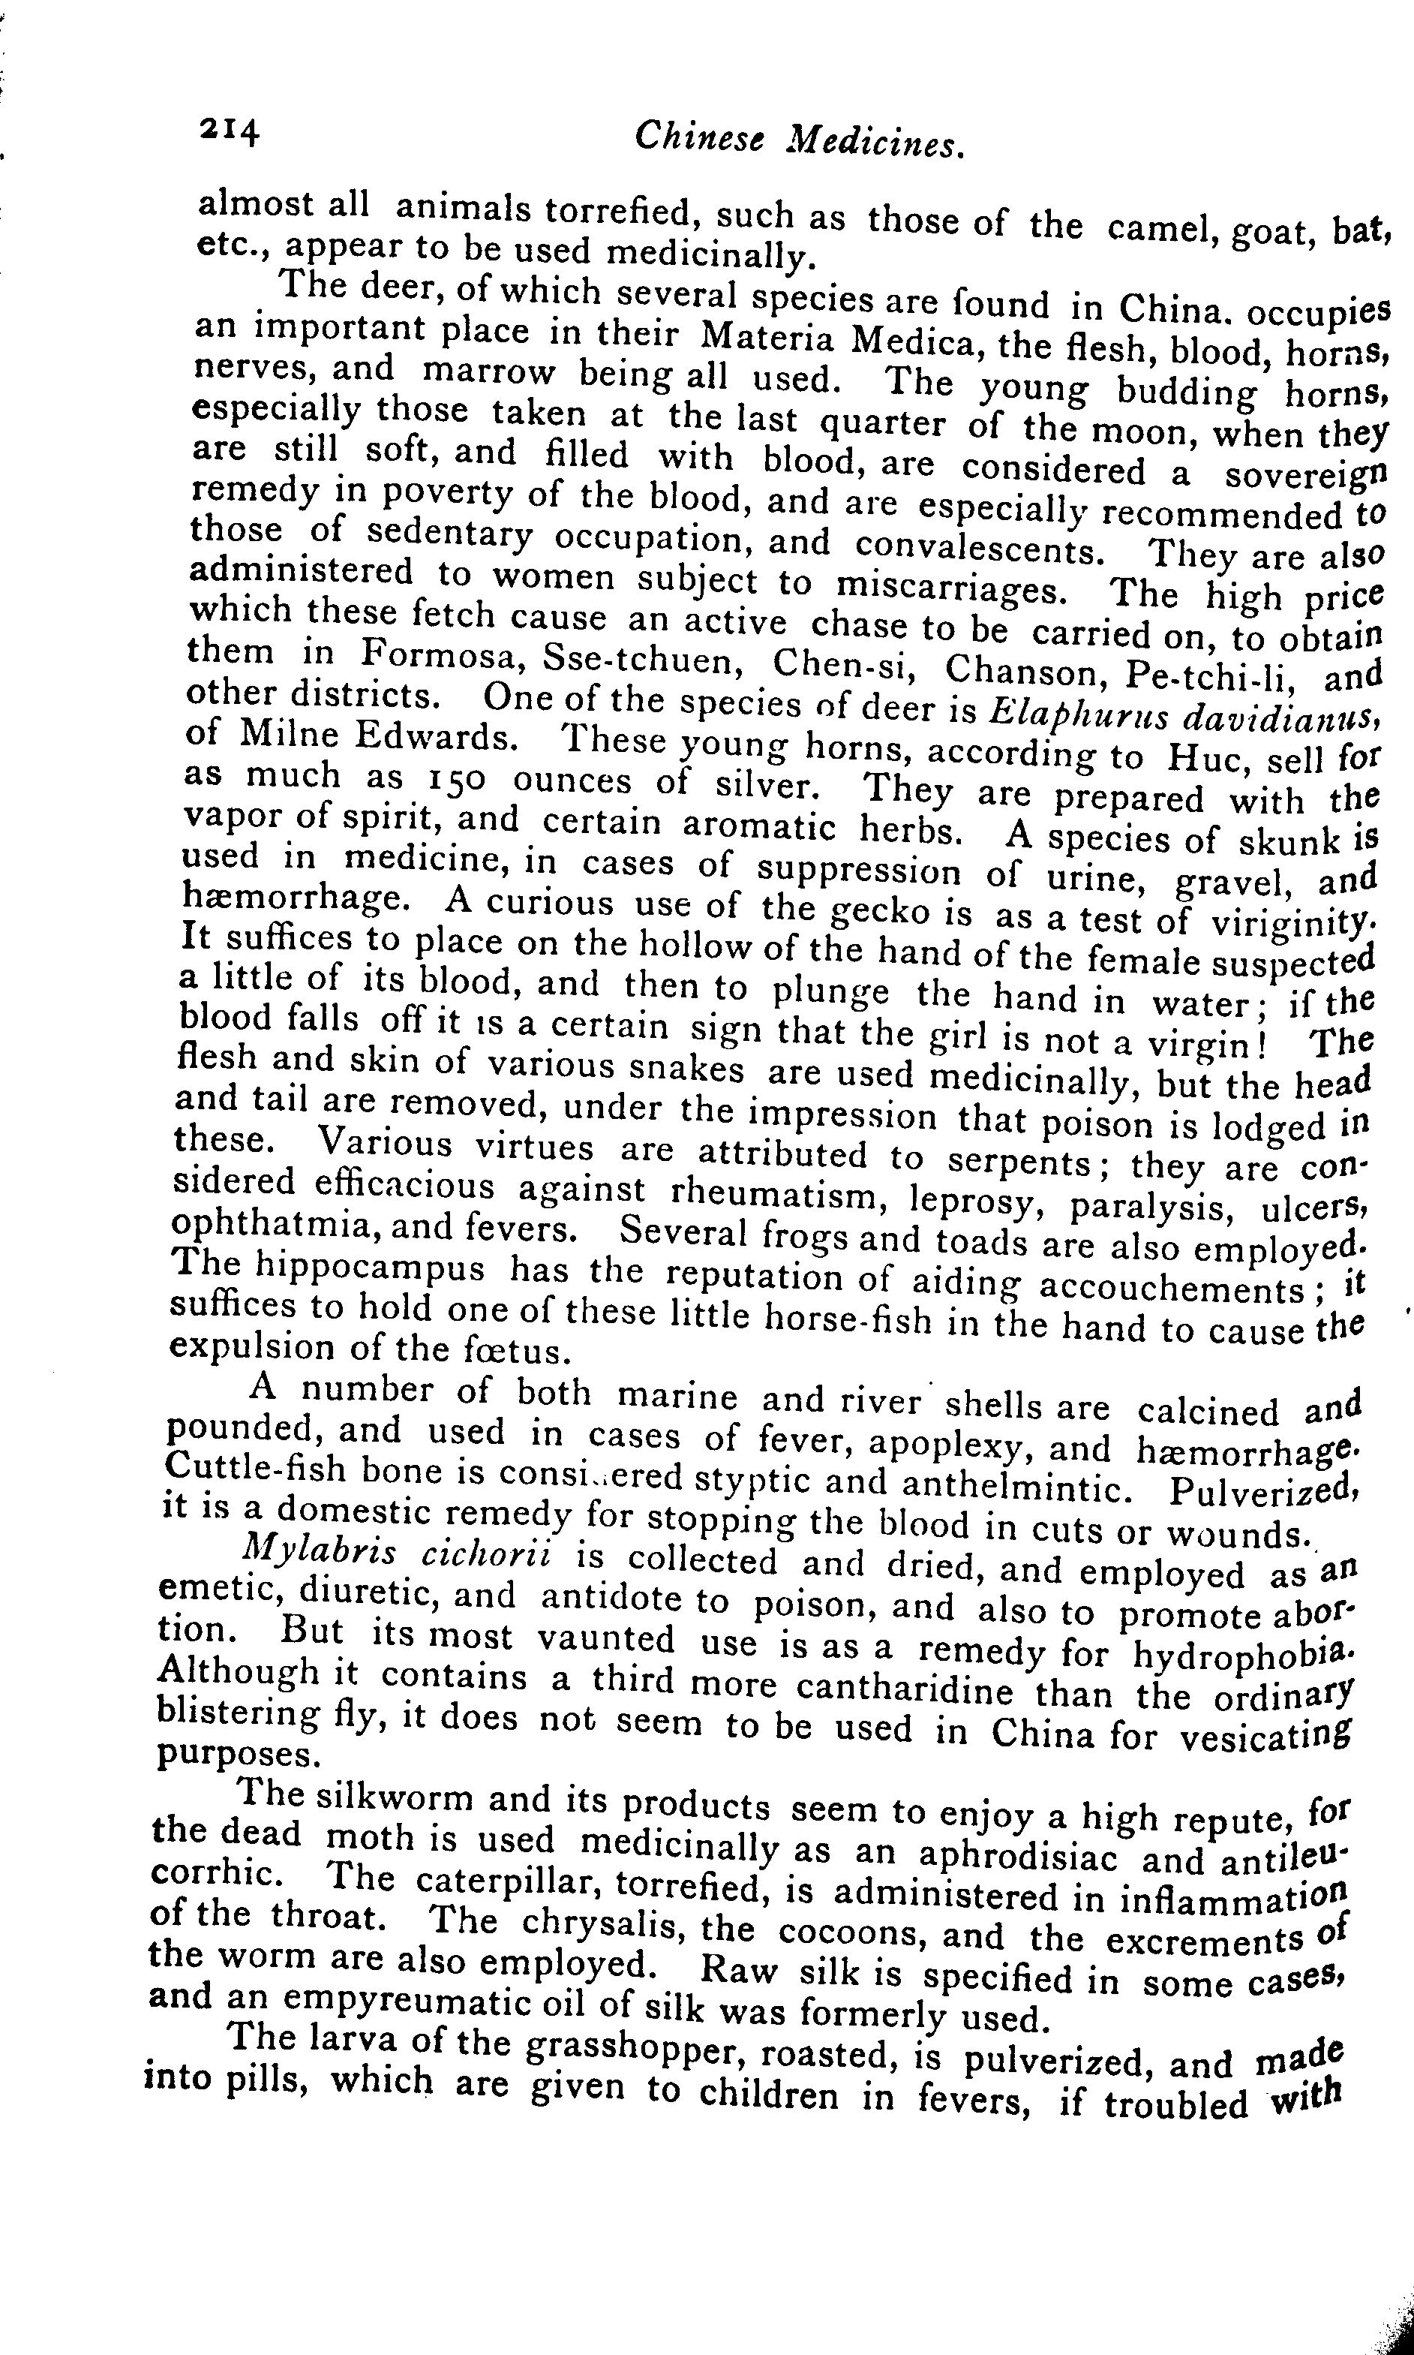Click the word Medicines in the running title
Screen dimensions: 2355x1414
point(878,142)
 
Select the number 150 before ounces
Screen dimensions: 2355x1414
point(454,780)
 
